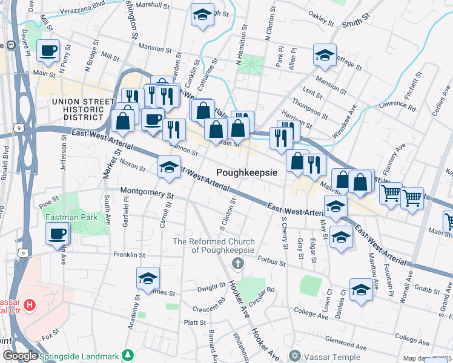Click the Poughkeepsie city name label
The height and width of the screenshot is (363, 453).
(246, 172)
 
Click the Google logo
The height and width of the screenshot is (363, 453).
(19, 356)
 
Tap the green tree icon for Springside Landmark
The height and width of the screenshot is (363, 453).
(127, 354)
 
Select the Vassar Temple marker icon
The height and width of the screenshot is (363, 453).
(295, 355)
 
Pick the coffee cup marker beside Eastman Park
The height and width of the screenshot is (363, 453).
(58, 233)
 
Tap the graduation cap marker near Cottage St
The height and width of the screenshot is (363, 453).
(325, 55)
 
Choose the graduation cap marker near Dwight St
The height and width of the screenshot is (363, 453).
(148, 278)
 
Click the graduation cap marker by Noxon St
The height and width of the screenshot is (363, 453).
(169, 167)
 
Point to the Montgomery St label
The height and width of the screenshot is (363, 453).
(147, 194)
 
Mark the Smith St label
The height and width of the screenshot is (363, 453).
(356, 24)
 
